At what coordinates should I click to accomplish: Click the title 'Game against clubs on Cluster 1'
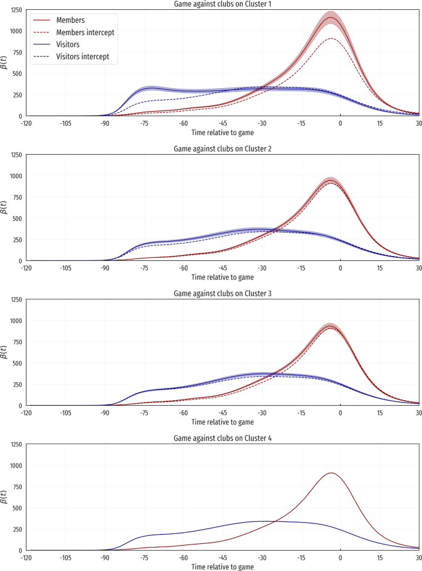click(222, 4)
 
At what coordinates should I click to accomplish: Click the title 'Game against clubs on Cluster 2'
click(222, 149)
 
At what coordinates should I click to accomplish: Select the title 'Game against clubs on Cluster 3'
click(222, 294)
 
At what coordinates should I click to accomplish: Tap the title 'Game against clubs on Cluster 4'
click(222, 438)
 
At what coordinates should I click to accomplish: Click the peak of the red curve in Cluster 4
click(331, 473)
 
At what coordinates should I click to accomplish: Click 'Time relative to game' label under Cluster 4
click(222, 566)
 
